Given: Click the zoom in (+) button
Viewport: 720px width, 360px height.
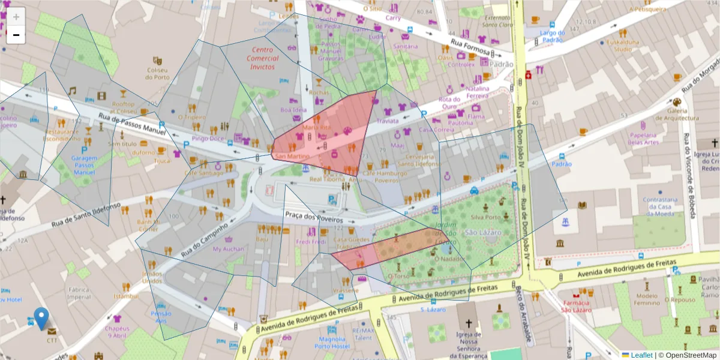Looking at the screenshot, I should coord(16,17).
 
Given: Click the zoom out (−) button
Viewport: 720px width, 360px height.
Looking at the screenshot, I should coord(16,35).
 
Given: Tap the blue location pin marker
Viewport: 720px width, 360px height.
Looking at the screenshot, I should coord(41,318).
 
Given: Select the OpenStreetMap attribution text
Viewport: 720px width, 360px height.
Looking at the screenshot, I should coord(687,355).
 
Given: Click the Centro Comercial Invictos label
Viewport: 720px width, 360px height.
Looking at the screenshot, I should coord(263,58).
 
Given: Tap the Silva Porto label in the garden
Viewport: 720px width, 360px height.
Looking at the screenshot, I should coord(486,217).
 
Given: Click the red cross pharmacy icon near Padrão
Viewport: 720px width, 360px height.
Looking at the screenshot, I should coord(528,75).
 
